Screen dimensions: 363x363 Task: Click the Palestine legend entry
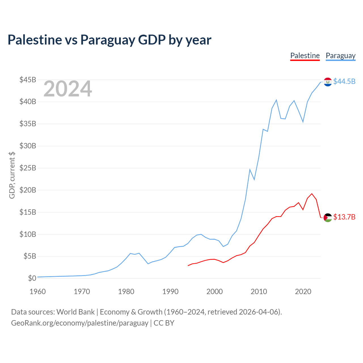pyautogui.click(x=305, y=56)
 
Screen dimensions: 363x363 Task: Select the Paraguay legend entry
pyautogui.click(x=341, y=56)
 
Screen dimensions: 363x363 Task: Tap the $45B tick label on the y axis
pyautogui.click(x=28, y=80)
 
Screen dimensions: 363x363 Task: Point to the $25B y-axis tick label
pyautogui.click(x=28, y=168)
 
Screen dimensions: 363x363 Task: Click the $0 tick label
pyautogui.click(x=32, y=278)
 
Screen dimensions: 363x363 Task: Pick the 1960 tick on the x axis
pyautogui.click(x=37, y=292)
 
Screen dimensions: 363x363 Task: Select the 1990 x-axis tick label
pyautogui.click(x=170, y=292)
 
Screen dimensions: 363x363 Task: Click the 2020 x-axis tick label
pyautogui.click(x=303, y=292)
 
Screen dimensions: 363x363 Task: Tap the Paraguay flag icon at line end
pyautogui.click(x=328, y=82)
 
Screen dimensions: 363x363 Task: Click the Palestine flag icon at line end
pyautogui.click(x=328, y=218)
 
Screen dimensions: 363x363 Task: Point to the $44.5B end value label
pyautogui.click(x=344, y=81)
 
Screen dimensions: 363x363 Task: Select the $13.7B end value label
pyautogui.click(x=344, y=217)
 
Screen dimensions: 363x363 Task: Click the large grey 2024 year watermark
pyautogui.click(x=68, y=88)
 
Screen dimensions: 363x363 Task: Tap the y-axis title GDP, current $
pyautogui.click(x=12, y=175)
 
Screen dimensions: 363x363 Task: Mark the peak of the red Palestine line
pyautogui.click(x=312, y=194)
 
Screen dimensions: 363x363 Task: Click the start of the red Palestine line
pyautogui.click(x=188, y=266)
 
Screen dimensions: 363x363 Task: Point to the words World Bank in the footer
pyautogui.click(x=75, y=312)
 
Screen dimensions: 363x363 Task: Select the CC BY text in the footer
pyautogui.click(x=164, y=323)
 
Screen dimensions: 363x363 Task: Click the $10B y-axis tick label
pyautogui.click(x=28, y=234)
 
